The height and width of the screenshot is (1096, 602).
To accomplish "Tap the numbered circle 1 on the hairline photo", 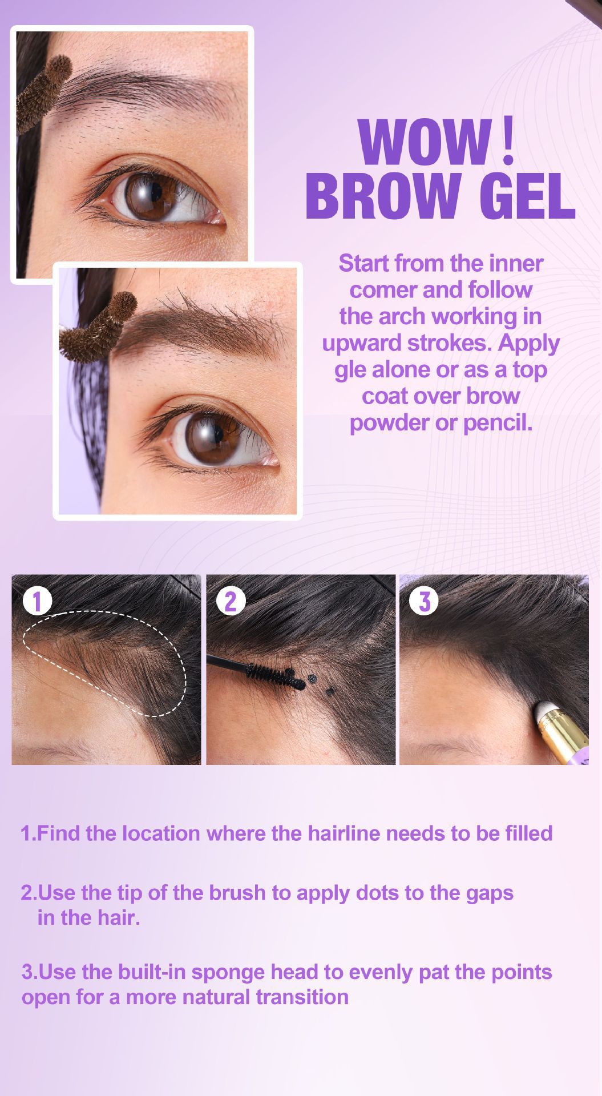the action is coord(38,601).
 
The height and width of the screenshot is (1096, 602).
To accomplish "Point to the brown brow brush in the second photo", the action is coord(96,328).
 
